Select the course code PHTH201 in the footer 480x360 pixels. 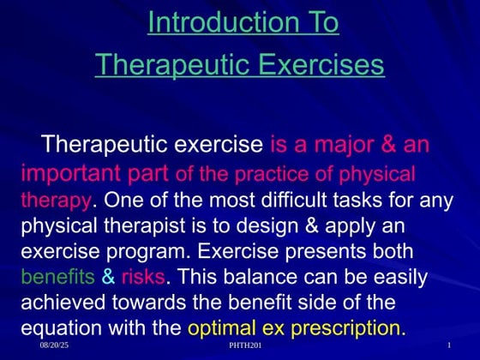click(246, 346)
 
